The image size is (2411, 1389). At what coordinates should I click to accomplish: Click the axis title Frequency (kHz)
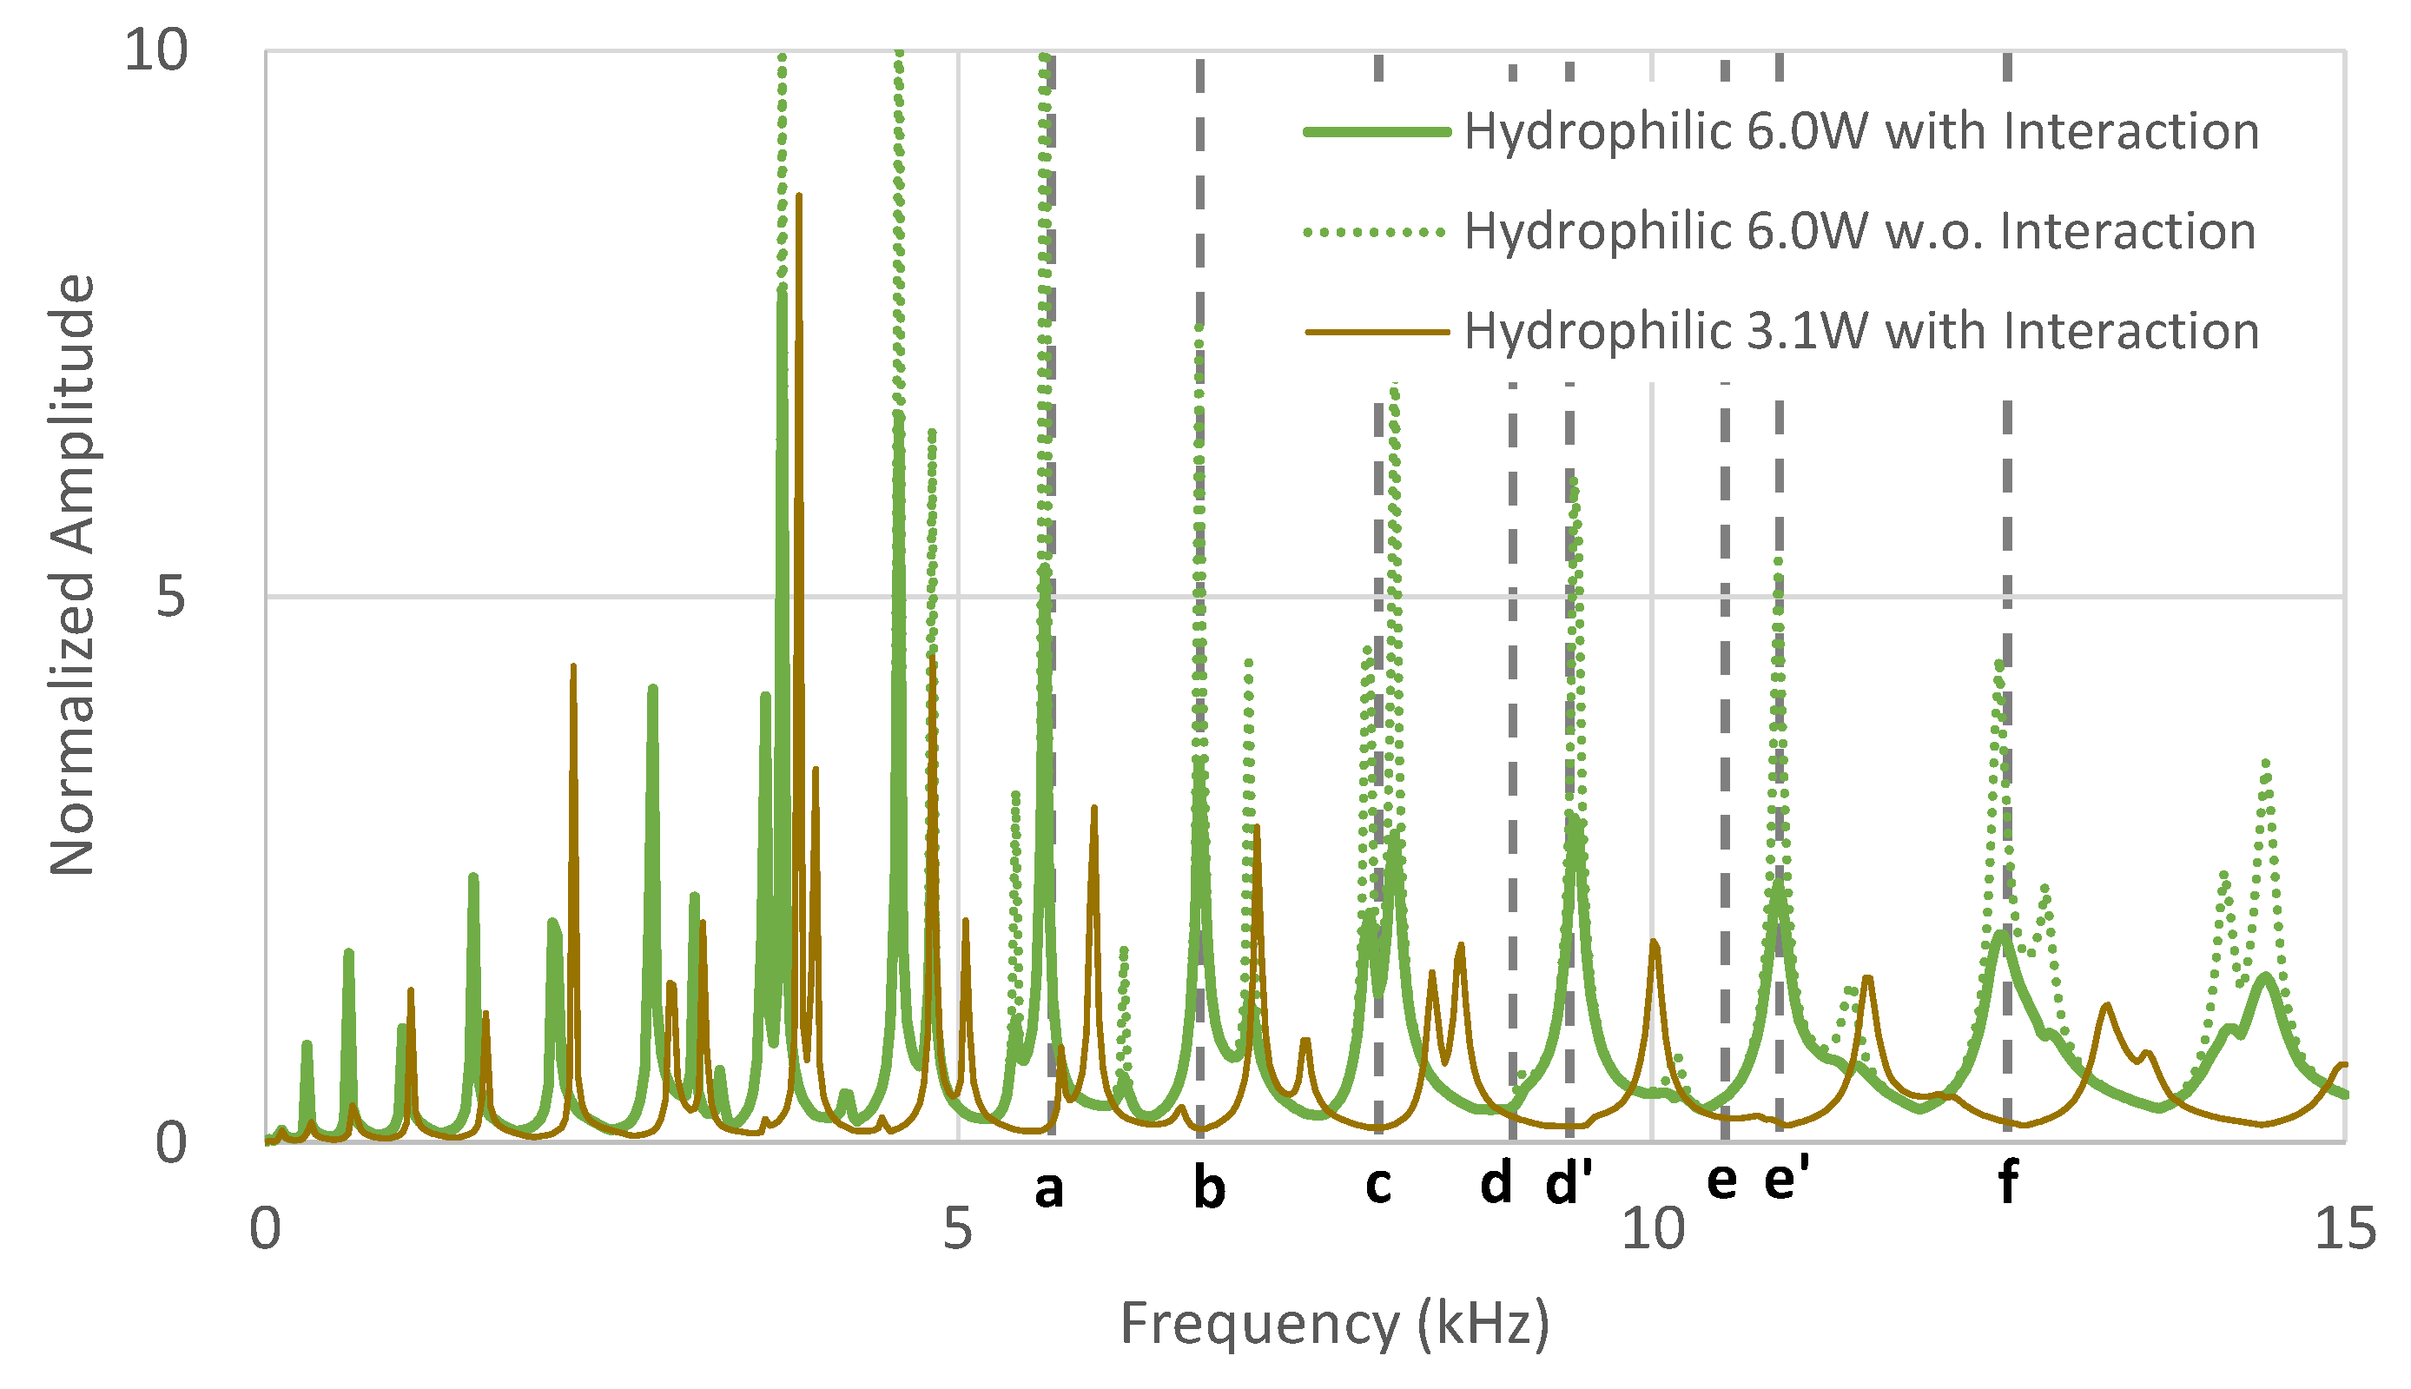1334,1324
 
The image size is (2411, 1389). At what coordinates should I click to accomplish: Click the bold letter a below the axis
1048,1188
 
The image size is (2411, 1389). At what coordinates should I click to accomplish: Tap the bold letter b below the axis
1208,1187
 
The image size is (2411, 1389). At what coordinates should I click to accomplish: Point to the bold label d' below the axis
1569,1184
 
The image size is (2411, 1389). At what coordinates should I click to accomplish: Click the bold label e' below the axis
1786,1180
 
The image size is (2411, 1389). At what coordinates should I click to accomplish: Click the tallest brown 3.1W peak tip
798,195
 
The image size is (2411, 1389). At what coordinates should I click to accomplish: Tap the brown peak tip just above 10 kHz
1655,942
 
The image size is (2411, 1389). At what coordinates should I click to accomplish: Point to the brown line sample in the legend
1377,332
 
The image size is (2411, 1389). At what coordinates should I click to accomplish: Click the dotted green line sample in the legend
1377,232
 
